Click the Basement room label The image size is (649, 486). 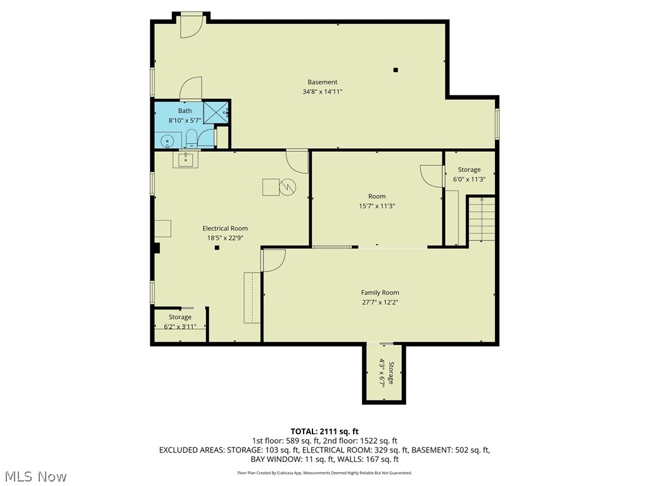coord(322,82)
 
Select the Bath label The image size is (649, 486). coord(184,111)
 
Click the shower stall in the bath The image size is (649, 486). coord(216,113)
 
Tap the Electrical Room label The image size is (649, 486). coord(225,228)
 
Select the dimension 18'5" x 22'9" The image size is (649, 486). coord(225,239)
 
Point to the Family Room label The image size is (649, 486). coord(380,292)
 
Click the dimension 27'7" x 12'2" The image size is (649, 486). coord(380,302)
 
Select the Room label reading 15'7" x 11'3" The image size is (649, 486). coord(376,196)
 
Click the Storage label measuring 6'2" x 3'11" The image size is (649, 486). coord(180,317)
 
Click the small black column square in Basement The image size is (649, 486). coord(395,70)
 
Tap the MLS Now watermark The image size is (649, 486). coord(35,476)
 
